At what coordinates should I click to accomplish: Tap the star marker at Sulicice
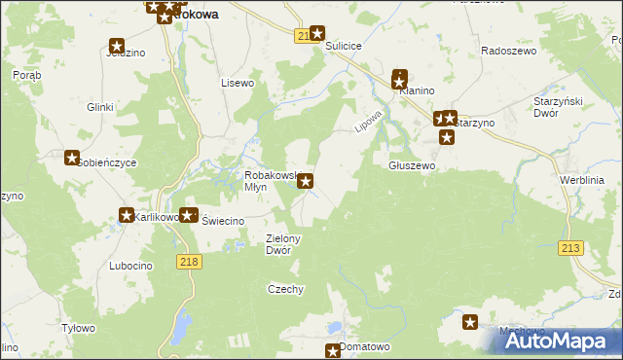(316, 34)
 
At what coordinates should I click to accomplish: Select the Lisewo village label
(238, 83)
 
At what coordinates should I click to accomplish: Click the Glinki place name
(101, 107)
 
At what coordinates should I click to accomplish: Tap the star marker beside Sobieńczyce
(72, 158)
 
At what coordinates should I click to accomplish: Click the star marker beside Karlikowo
(127, 216)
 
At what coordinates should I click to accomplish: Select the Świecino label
(222, 221)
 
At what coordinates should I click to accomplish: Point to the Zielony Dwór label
(284, 243)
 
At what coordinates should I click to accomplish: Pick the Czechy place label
(286, 289)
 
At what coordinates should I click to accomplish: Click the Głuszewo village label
(412, 165)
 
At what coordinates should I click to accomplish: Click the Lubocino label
(131, 266)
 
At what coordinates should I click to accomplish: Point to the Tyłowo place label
(78, 328)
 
